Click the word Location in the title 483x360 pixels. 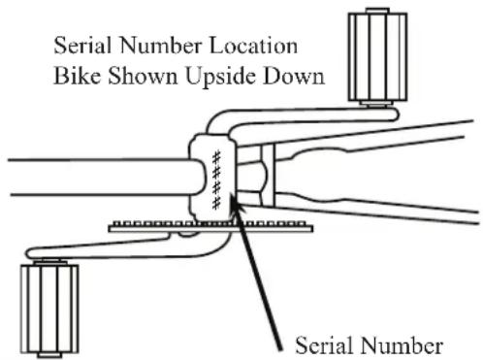254,46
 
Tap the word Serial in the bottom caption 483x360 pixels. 323,345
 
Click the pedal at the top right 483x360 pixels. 377,56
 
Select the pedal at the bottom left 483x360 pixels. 49,309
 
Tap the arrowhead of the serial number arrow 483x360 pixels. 235,204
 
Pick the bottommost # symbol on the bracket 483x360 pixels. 216,203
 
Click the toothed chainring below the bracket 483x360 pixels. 210,226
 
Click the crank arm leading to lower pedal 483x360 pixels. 129,247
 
